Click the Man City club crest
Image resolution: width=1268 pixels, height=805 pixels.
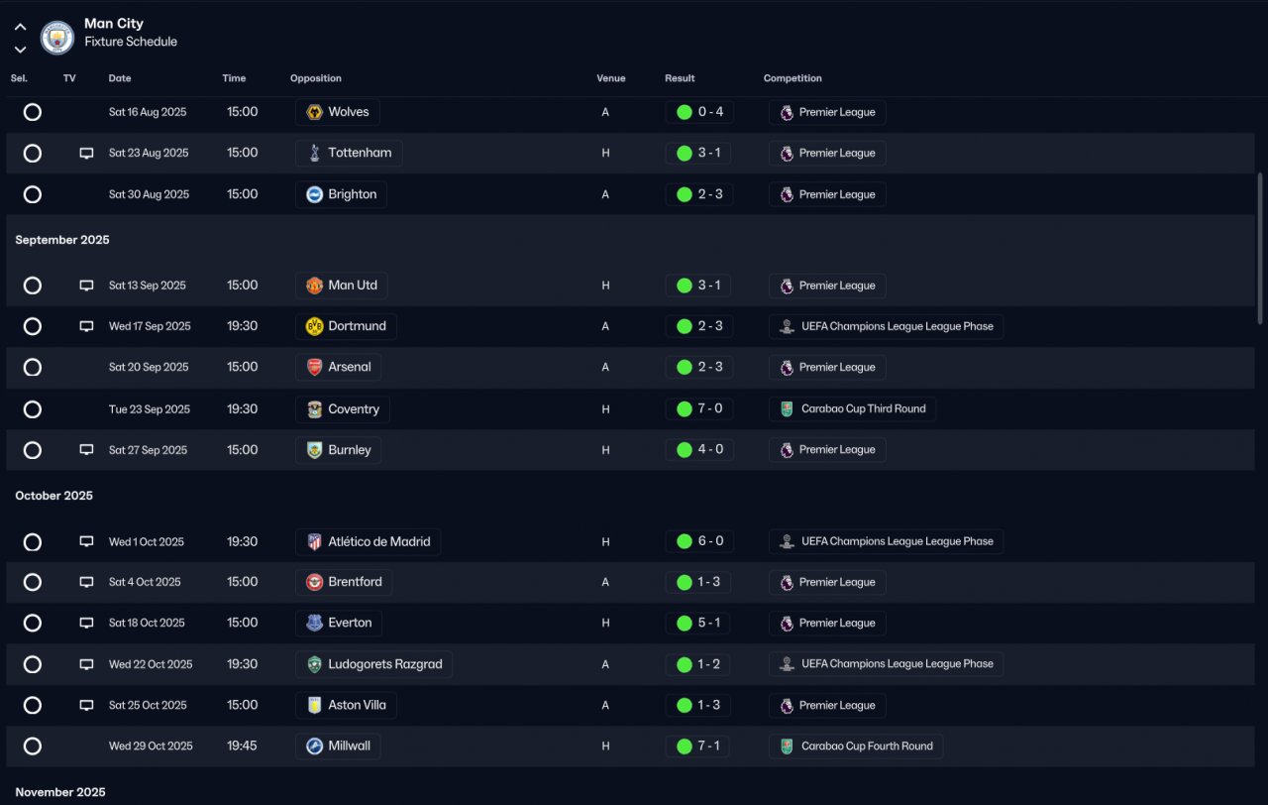pyautogui.click(x=57, y=38)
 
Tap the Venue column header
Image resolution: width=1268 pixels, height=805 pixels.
pyautogui.click(x=611, y=78)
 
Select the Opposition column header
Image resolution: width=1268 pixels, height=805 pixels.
pyautogui.click(x=316, y=78)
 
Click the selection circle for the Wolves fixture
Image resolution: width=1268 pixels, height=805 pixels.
pyautogui.click(x=33, y=112)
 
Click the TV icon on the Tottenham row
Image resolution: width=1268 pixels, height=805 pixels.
pyautogui.click(x=86, y=153)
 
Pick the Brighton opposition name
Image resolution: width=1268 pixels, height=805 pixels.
pyautogui.click(x=352, y=194)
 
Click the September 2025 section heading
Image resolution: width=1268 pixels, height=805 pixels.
pyautogui.click(x=62, y=240)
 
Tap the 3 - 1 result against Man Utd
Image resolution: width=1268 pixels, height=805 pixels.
pyautogui.click(x=709, y=285)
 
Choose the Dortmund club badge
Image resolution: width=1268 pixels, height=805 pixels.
pyautogui.click(x=314, y=326)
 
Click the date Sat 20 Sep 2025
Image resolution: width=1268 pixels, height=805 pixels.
pyautogui.click(x=149, y=367)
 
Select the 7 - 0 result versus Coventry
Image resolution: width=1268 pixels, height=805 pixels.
pyautogui.click(x=710, y=408)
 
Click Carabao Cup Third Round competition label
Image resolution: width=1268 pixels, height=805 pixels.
pyautogui.click(x=863, y=408)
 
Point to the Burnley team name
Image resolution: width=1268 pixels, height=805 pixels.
pyautogui.click(x=350, y=450)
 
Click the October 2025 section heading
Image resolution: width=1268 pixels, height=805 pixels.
pyautogui.click(x=53, y=496)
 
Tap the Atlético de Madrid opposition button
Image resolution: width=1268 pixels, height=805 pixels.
pyautogui.click(x=368, y=541)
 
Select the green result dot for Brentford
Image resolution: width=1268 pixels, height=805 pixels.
pyautogui.click(x=685, y=582)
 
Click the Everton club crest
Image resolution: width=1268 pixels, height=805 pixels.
pyautogui.click(x=314, y=623)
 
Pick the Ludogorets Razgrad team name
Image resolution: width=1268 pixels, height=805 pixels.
pyautogui.click(x=385, y=664)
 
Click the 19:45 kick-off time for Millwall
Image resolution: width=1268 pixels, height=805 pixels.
pyautogui.click(x=242, y=746)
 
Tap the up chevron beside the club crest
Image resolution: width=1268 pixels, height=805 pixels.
pyautogui.click(x=21, y=27)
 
